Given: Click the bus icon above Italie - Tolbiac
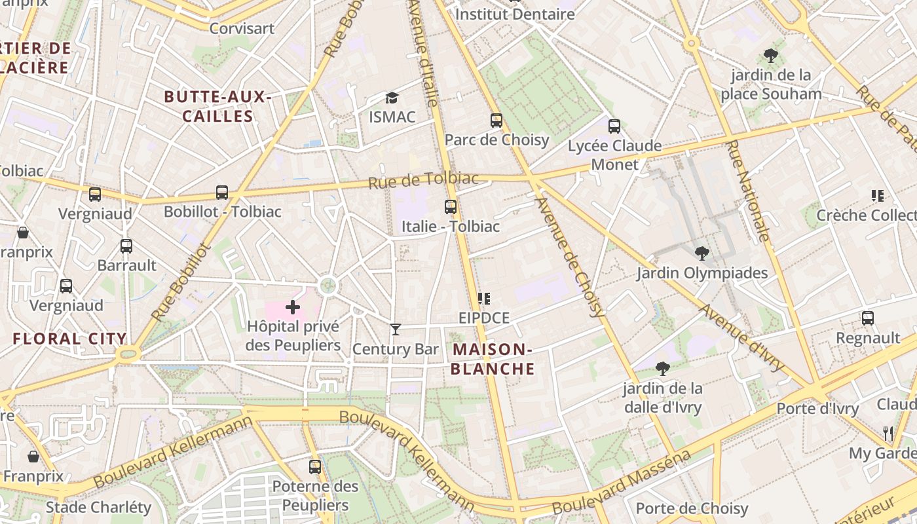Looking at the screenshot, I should pyautogui.click(x=451, y=207).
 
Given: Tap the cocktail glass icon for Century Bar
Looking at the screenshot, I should pyautogui.click(x=395, y=329).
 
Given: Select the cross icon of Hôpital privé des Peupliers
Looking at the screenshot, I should pyautogui.click(x=293, y=307).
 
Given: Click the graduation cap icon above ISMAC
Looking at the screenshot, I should pyautogui.click(x=392, y=98).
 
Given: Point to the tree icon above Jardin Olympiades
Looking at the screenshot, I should pyautogui.click(x=702, y=253).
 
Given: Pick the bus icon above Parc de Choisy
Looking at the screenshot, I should pyautogui.click(x=496, y=121).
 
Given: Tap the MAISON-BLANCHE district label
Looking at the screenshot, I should pyautogui.click(x=493, y=359).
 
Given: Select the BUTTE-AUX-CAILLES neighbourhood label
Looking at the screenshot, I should pyautogui.click(x=217, y=107).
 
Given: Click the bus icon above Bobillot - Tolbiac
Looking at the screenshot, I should pyautogui.click(x=222, y=193).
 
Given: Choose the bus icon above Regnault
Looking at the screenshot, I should pyautogui.click(x=868, y=318).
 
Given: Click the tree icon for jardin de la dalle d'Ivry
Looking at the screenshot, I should pyautogui.click(x=662, y=369).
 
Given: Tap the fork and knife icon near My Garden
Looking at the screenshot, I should pyautogui.click(x=888, y=433).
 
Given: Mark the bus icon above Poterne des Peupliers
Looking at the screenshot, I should pyautogui.click(x=315, y=467).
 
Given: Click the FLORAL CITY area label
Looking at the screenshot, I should pyautogui.click(x=69, y=339).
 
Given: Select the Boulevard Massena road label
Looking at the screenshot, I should pyautogui.click(x=621, y=482).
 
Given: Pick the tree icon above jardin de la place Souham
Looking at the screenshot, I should pyautogui.click(x=771, y=56).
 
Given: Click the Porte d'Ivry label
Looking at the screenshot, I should pyautogui.click(x=817, y=409).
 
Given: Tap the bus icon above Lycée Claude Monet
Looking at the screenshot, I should pyautogui.click(x=614, y=126).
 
